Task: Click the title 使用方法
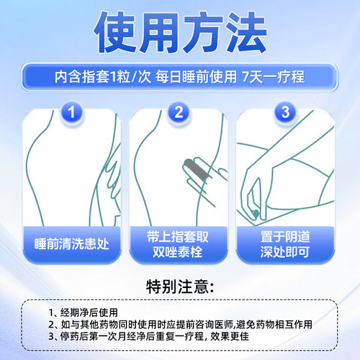[180, 32]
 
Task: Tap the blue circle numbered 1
[71, 112]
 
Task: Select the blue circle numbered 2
[179, 112]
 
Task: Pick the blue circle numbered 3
[285, 112]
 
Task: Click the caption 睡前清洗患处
[71, 244]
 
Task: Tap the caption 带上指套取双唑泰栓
[178, 244]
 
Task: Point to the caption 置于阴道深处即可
[285, 244]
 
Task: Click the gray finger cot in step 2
[196, 169]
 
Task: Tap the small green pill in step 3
[256, 213]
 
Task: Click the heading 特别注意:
[180, 287]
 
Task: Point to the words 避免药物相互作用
[274, 325]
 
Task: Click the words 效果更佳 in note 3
[230, 336]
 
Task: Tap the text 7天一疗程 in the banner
[274, 77]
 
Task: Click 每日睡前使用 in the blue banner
[196, 77]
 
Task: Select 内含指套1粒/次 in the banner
[103, 77]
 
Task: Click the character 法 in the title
[246, 32]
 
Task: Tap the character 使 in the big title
[114, 32]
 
